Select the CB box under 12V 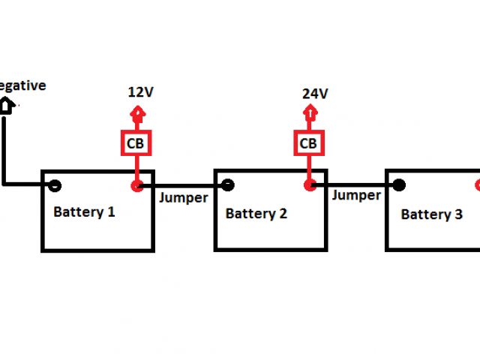point(137,142)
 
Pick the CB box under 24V point(308,142)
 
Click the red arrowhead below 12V point(136,115)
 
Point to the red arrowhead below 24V point(308,114)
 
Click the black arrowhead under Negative point(4,106)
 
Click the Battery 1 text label point(84,212)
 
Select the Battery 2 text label point(256,214)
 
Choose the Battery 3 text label point(431,215)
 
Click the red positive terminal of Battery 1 point(136,185)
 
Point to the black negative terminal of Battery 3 point(399,185)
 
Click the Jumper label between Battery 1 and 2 point(183,198)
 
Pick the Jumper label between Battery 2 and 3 point(356,196)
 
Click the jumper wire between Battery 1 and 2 point(184,185)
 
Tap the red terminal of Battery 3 point(477,185)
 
